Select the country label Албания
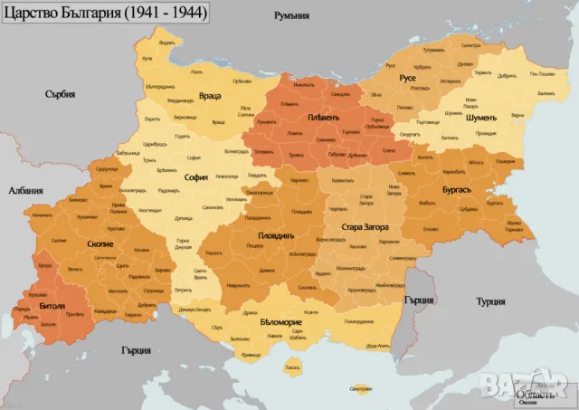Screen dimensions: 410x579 [x=24, y=191]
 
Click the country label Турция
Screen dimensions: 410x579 [x=490, y=301]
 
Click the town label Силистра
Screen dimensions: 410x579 [x=495, y=44]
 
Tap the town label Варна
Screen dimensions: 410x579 [x=517, y=116]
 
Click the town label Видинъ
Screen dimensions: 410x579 [x=166, y=43]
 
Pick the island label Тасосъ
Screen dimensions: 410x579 [x=291, y=367]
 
